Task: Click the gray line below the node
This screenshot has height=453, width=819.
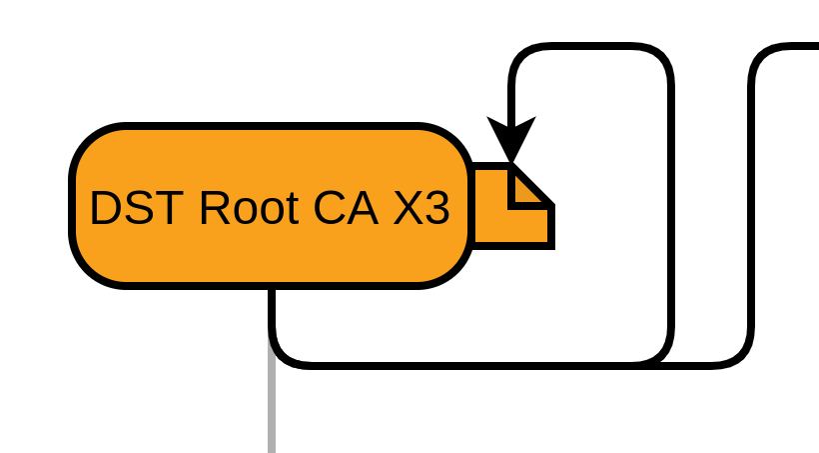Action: click(x=272, y=410)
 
